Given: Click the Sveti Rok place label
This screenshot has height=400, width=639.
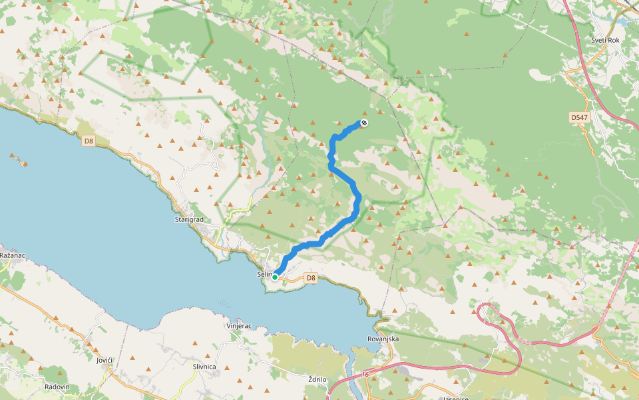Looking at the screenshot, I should pos(605,40).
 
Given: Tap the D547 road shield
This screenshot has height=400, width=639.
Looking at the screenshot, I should pos(579,117).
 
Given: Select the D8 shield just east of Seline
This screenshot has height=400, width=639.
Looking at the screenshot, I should pos(310,277).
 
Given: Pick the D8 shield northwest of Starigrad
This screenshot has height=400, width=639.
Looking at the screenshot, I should pos(89,141).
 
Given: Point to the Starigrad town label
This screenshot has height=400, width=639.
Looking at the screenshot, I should pos(188,219).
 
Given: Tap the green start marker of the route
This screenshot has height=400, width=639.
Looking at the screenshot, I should pos(275,277).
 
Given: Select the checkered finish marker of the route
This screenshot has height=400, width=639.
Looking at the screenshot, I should pos(363,123).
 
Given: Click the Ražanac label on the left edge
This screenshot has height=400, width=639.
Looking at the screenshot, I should pos(11,255).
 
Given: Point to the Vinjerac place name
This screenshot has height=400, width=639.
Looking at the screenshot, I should pos(238,326).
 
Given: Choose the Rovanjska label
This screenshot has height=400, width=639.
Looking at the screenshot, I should pos(383,339).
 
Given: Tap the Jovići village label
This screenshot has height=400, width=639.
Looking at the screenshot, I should pos(104,360).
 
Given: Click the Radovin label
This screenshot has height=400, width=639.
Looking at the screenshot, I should pos(57,387).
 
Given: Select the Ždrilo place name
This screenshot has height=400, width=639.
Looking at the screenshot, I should pos(318,379).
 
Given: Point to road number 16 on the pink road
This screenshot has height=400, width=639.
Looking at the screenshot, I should pos(365,375).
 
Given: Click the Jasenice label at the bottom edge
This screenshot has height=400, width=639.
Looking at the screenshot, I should pos(456,397).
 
